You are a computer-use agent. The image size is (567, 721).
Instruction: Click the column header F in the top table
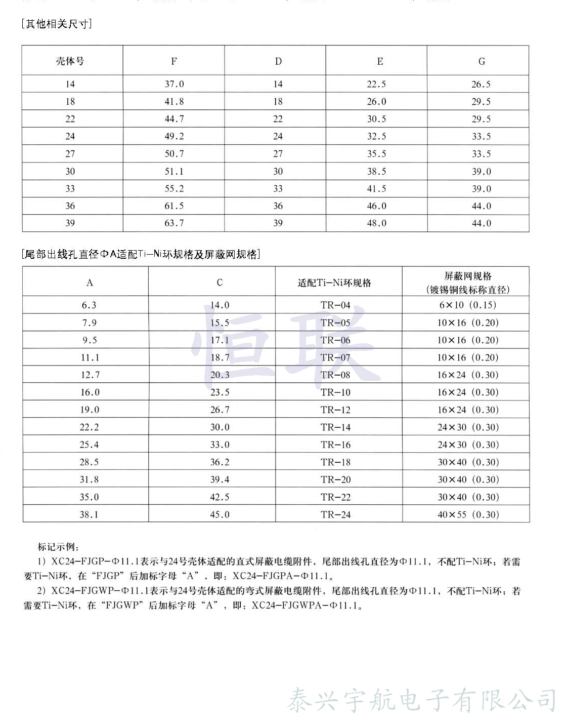coord(174,61)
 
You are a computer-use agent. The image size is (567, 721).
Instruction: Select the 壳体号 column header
coord(70,61)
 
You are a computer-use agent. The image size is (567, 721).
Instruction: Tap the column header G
coord(482,61)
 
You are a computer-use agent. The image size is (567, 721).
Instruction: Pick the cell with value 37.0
coord(174,84)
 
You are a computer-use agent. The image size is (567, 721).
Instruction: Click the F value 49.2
coord(174,136)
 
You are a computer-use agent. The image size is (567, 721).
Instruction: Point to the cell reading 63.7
coord(174,223)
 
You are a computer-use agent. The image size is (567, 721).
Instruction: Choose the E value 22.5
coord(376,84)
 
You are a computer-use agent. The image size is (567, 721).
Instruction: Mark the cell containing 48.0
coord(376,223)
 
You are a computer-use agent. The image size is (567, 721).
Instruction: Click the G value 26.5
coord(481,84)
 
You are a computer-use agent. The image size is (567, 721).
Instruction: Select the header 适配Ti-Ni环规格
coord(334,283)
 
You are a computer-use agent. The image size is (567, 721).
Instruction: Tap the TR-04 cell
coord(335,305)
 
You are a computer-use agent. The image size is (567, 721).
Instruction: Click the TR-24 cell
coord(335,514)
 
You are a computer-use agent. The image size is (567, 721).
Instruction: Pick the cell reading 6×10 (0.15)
coord(467,305)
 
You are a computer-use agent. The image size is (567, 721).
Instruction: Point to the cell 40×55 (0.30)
coord(467,514)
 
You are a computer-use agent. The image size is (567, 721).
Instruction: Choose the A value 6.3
coord(89,305)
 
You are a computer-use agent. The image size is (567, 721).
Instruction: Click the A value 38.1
coord(89,514)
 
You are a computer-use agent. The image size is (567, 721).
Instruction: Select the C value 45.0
coord(220,514)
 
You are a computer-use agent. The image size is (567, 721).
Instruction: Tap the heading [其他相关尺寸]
coord(56,24)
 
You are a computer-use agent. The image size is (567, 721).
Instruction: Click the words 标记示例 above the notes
coord(58,547)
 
